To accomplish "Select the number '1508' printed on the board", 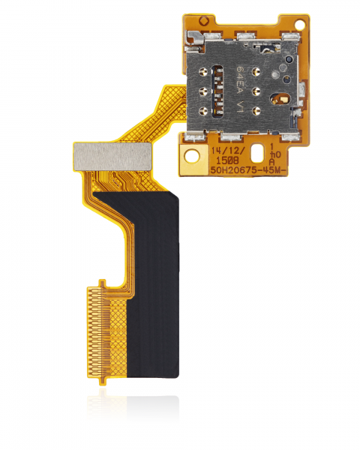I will [227, 160].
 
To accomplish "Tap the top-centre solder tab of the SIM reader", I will [244, 37].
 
